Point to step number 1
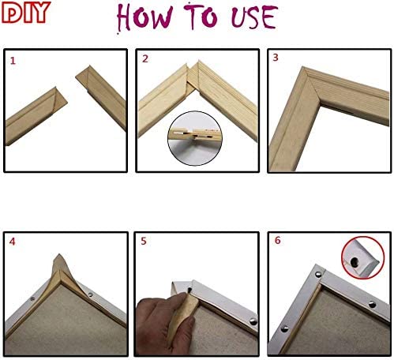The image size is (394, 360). [11, 60]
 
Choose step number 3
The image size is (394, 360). [276, 58]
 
